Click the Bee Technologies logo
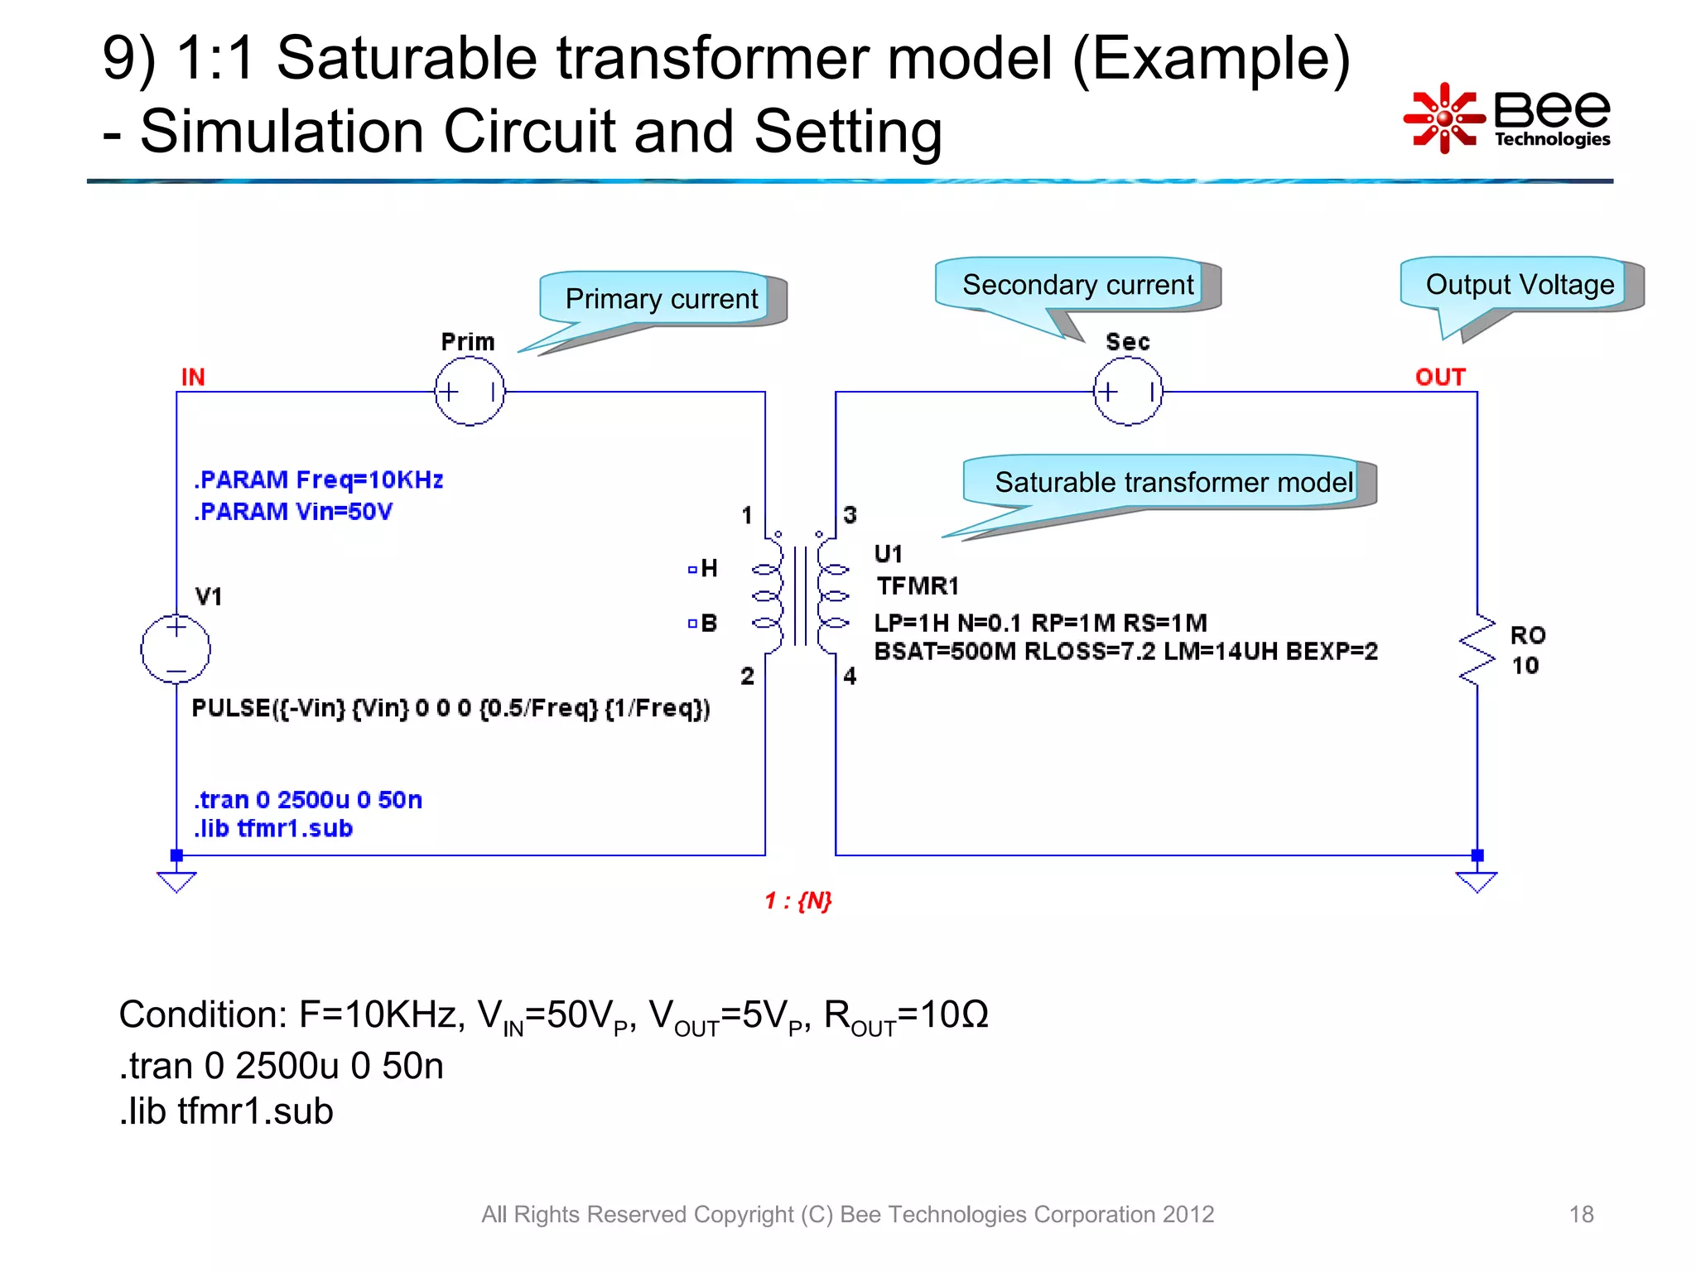pyautogui.click(x=1507, y=118)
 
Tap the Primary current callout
pyautogui.click(x=660, y=299)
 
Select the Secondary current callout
pyautogui.click(x=1077, y=285)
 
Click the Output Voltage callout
pyautogui.click(x=1519, y=285)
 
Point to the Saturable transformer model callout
pyautogui.click(x=1172, y=482)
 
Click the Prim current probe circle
pyautogui.click(x=470, y=392)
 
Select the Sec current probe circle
pyautogui.click(x=1128, y=392)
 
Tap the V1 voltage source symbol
pyautogui.click(x=176, y=648)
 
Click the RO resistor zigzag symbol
pyautogui.click(x=1477, y=650)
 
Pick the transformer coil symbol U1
pyautogui.click(x=799, y=595)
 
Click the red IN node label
pyautogui.click(x=193, y=378)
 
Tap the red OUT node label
pyautogui.click(x=1440, y=378)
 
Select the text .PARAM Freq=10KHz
pyautogui.click(x=319, y=480)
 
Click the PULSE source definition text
pyautogui.click(x=450, y=709)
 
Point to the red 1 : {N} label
pyautogui.click(x=797, y=901)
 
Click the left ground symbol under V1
pyautogui.click(x=176, y=881)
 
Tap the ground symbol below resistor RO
pyautogui.click(x=1477, y=881)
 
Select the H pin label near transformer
pyautogui.click(x=708, y=568)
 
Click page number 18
pyautogui.click(x=1581, y=1214)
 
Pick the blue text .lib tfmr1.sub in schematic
pyautogui.click(x=273, y=829)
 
